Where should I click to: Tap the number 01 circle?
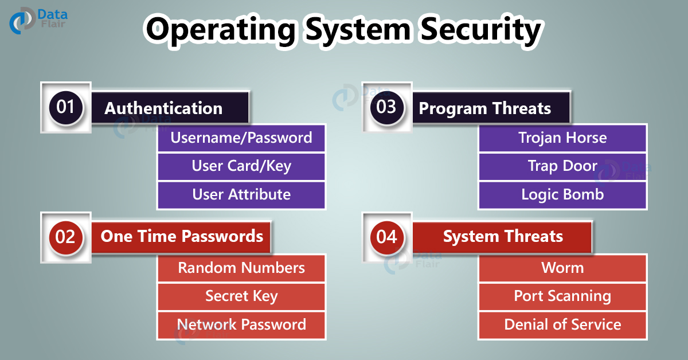click(65, 107)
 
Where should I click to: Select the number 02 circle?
click(65, 236)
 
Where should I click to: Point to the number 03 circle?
click(386, 107)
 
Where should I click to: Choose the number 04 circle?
click(386, 236)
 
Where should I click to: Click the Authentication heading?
click(163, 108)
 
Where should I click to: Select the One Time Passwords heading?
click(182, 236)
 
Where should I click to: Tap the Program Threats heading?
click(485, 108)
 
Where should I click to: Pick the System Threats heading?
click(503, 236)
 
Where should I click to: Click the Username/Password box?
click(241, 138)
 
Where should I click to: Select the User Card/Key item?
click(241, 166)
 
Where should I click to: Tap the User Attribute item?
click(241, 195)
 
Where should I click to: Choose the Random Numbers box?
click(241, 268)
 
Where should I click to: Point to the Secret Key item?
click(241, 296)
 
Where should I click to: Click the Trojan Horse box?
click(562, 138)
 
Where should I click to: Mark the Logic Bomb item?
click(562, 195)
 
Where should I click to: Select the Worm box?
click(562, 268)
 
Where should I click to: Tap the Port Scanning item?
click(562, 296)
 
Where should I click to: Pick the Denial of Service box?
click(562, 324)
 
